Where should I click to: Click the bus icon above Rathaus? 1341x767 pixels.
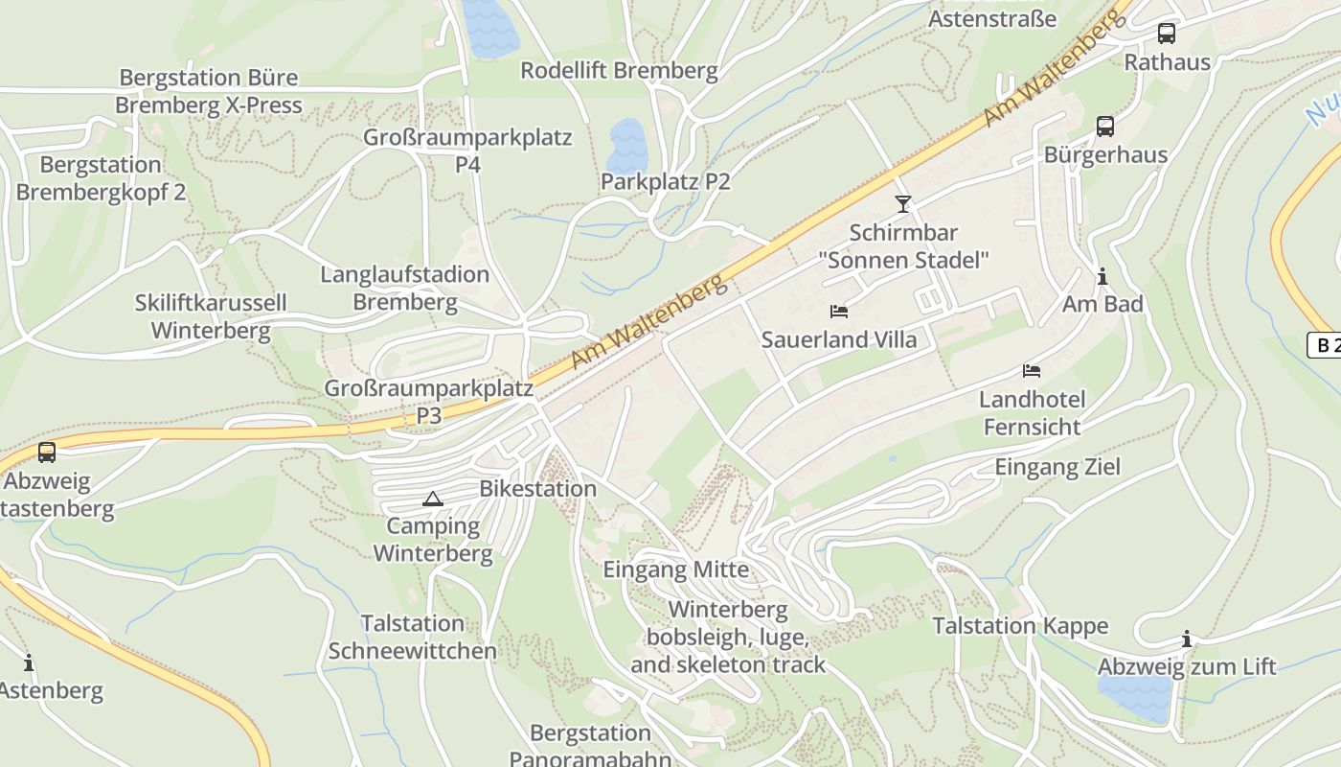1166,34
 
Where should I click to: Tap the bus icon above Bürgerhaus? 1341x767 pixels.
1104,127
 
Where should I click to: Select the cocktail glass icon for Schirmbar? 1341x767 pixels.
902,203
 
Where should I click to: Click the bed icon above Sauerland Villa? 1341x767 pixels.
839,312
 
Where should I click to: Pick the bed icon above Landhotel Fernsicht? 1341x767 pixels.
1032,371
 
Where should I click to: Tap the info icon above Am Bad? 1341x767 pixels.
1102,277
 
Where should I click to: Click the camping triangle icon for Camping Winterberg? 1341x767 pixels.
433,499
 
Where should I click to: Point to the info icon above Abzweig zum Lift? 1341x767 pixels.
1187,639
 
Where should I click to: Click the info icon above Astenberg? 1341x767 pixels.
29,662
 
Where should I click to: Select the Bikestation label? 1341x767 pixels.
537,489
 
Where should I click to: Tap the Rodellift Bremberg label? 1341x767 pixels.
619,70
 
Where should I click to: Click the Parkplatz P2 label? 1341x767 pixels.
665,182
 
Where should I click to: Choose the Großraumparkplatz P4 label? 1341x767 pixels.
467,151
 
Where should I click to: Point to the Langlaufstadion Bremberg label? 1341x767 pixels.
405,289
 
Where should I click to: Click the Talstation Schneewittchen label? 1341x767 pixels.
413,638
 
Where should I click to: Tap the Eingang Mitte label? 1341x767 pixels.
675,570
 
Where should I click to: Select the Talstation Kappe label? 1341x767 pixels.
1020,627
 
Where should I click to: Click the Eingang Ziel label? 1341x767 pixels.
1057,468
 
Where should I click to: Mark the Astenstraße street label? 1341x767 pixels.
992,19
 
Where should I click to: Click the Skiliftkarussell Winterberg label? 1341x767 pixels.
211,317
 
